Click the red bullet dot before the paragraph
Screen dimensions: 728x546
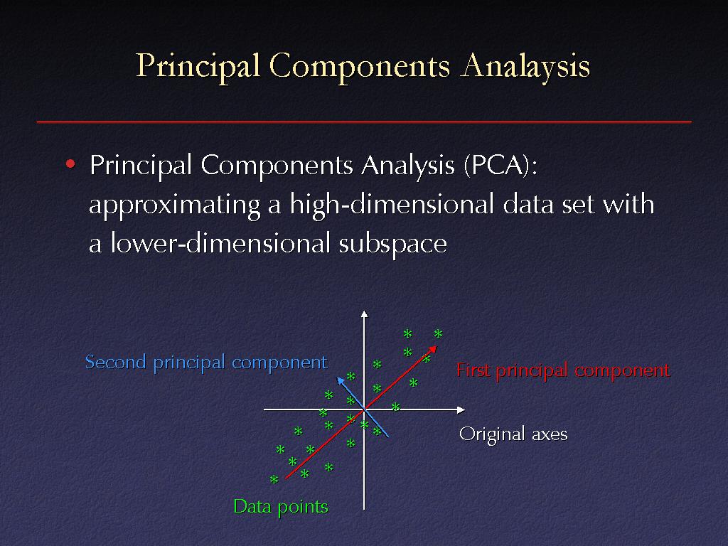70,164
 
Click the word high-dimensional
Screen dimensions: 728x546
392,204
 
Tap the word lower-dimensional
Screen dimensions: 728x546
220,243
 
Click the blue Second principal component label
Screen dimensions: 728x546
206,363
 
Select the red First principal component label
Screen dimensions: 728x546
563,370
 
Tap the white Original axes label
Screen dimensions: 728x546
513,434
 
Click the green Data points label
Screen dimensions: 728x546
280,506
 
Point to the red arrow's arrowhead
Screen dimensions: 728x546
433,350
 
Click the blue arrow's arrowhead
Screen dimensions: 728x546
341,381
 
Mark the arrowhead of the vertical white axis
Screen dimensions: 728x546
364,314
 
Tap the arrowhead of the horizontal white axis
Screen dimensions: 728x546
461,409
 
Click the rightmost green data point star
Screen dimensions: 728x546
438,333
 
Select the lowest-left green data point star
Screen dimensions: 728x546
274,479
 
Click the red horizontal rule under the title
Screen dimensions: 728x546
364,122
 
